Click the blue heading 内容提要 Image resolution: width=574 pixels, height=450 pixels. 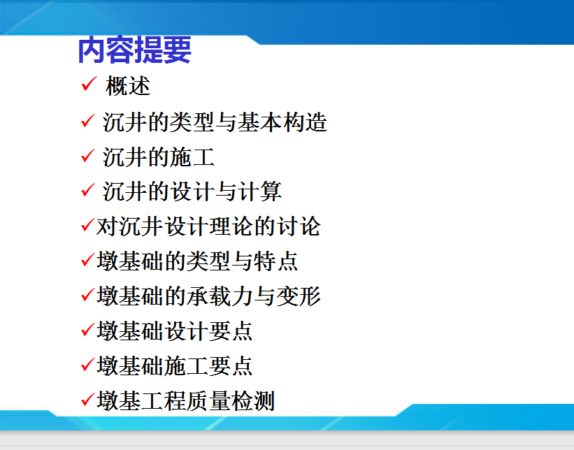coord(134,50)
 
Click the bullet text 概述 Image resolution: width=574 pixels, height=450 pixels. coord(128,87)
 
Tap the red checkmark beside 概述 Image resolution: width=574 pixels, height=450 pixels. coord(89,84)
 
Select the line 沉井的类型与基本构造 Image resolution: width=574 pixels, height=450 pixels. coord(215,122)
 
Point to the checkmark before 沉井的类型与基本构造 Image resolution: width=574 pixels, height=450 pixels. coord(88,121)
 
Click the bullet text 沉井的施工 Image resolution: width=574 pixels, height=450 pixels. coord(159,157)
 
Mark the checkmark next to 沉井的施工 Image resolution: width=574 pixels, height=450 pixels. coord(88,156)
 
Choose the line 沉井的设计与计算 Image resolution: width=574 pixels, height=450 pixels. coord(192,191)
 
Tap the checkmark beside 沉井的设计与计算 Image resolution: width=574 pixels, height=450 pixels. coord(88,190)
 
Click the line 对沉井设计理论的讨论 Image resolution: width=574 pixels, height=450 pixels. coord(208,226)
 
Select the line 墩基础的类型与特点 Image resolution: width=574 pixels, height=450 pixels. coord(197,261)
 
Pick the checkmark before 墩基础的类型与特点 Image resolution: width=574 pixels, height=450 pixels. coord(88,259)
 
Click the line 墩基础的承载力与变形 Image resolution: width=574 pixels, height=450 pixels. coord(208,296)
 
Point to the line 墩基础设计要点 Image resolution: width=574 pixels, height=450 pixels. coord(175,331)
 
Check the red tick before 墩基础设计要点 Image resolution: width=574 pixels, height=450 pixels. coord(88,329)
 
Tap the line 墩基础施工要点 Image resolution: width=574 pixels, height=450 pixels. coord(175,365)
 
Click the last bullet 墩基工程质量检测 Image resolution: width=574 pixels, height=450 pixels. coord(185,400)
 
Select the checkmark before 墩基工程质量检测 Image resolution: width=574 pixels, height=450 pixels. coord(88,399)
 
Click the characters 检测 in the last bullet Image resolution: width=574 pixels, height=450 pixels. coord(252,400)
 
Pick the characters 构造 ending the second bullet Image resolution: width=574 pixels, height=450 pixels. coord(305,122)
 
